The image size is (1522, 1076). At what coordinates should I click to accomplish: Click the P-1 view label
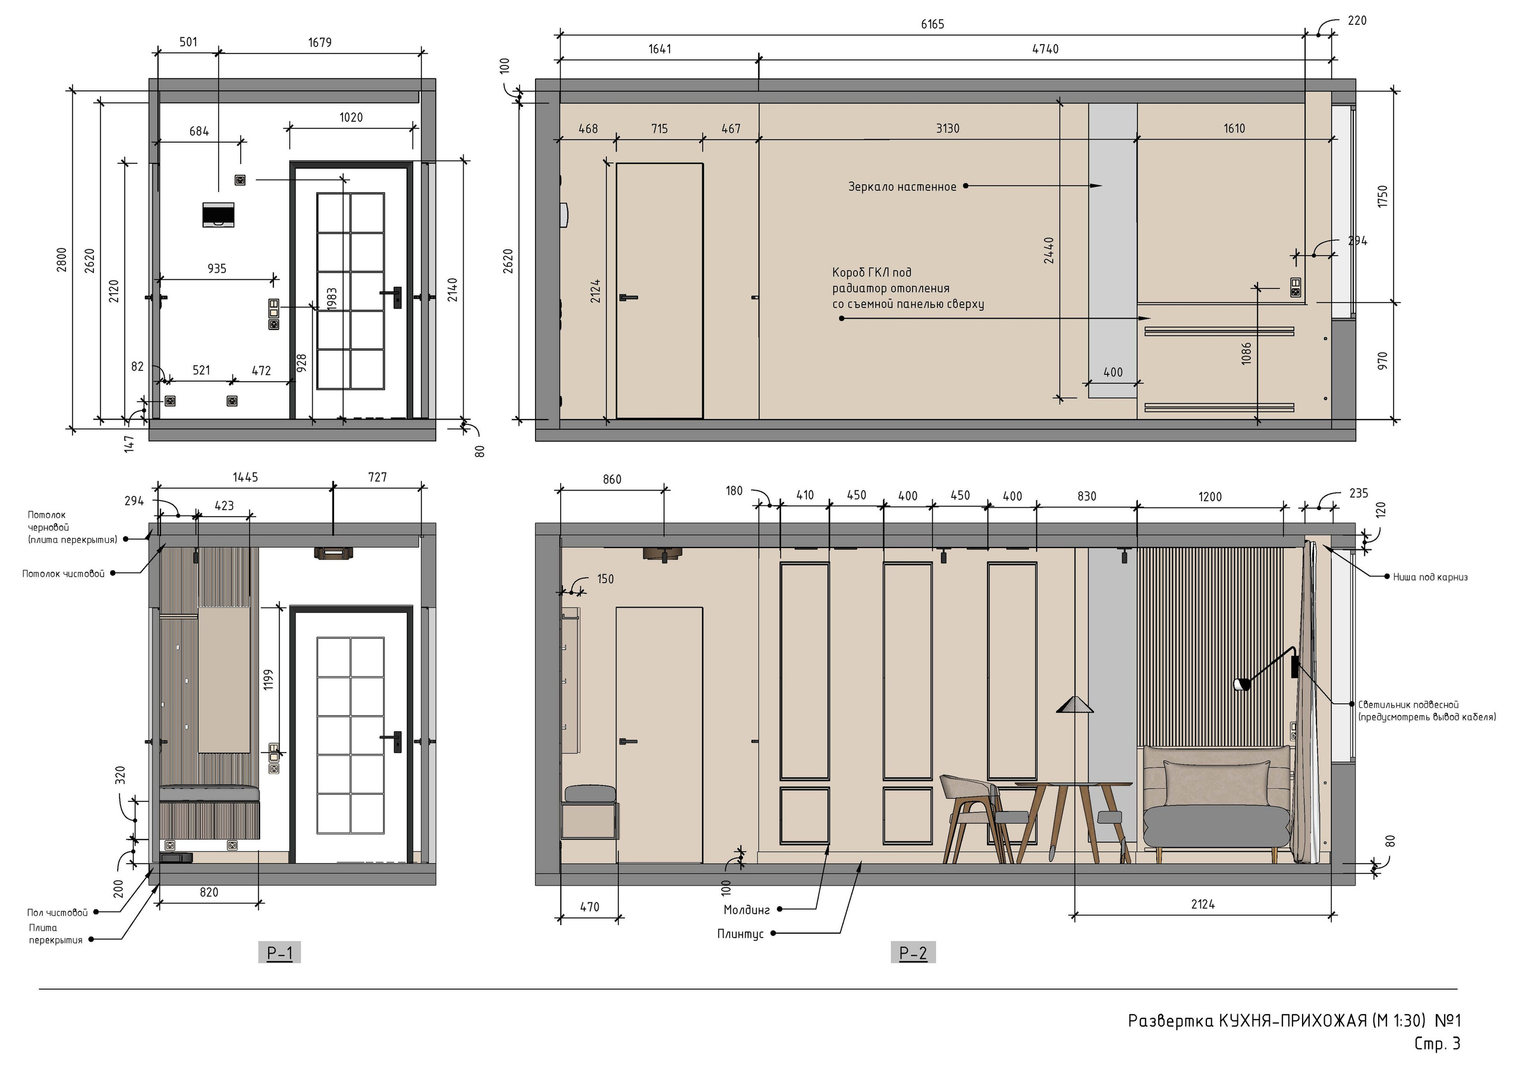[279, 954]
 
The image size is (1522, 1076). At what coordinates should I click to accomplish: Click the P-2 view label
[913, 954]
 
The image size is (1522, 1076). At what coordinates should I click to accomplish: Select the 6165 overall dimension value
[932, 24]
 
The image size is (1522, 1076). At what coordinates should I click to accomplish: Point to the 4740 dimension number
[1045, 49]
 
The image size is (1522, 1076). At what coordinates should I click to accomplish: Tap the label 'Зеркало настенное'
[902, 187]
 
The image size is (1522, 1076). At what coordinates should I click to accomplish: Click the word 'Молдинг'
[746, 910]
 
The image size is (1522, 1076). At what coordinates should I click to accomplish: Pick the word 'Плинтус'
[740, 934]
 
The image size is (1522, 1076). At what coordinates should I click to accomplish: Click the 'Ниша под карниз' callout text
[1430, 577]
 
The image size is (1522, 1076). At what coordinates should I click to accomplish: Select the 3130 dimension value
[947, 128]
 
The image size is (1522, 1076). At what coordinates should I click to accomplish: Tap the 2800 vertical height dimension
[62, 259]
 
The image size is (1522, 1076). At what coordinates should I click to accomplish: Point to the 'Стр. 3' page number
[1437, 1043]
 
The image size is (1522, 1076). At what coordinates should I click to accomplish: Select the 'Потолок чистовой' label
[64, 574]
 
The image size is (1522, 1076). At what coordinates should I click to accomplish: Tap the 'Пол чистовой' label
[57, 913]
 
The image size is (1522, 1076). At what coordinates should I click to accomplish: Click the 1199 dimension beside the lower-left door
[269, 679]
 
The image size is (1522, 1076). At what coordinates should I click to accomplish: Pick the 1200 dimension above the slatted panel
[1210, 497]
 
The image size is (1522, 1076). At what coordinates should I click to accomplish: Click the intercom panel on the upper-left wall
[218, 215]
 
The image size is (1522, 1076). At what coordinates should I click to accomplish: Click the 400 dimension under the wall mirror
[1113, 373]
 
